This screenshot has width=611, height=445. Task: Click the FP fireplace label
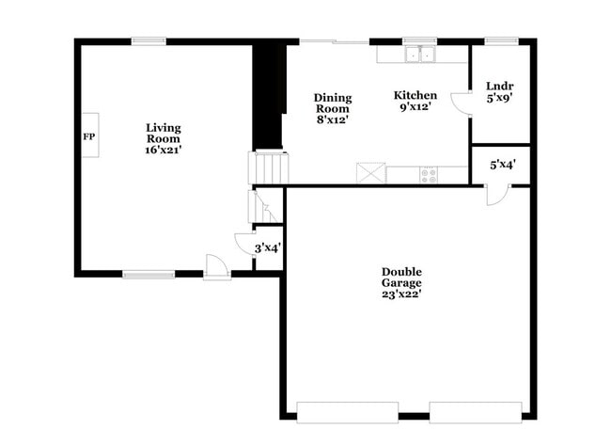tap(89, 136)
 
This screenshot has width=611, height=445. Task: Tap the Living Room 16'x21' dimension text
tap(164, 150)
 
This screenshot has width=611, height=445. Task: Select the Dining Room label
tap(333, 103)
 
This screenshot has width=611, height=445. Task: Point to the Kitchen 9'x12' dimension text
tap(415, 106)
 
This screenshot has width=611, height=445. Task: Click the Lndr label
tap(499, 86)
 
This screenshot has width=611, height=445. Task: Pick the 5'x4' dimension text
tap(503, 165)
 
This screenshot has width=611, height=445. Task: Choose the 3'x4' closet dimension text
tap(268, 248)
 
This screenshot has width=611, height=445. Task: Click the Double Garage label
tap(401, 278)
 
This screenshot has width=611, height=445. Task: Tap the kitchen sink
tap(419, 55)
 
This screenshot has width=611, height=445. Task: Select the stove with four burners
tap(429, 175)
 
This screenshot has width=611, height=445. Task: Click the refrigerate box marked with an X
tap(371, 173)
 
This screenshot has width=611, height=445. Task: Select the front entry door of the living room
tap(217, 267)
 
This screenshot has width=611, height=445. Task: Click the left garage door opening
tap(348, 413)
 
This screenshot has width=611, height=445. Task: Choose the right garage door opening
tap(476, 413)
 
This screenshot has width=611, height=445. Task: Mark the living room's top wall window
tap(149, 41)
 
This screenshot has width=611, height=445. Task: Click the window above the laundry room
tap(502, 41)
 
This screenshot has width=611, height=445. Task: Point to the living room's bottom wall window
tap(149, 275)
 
